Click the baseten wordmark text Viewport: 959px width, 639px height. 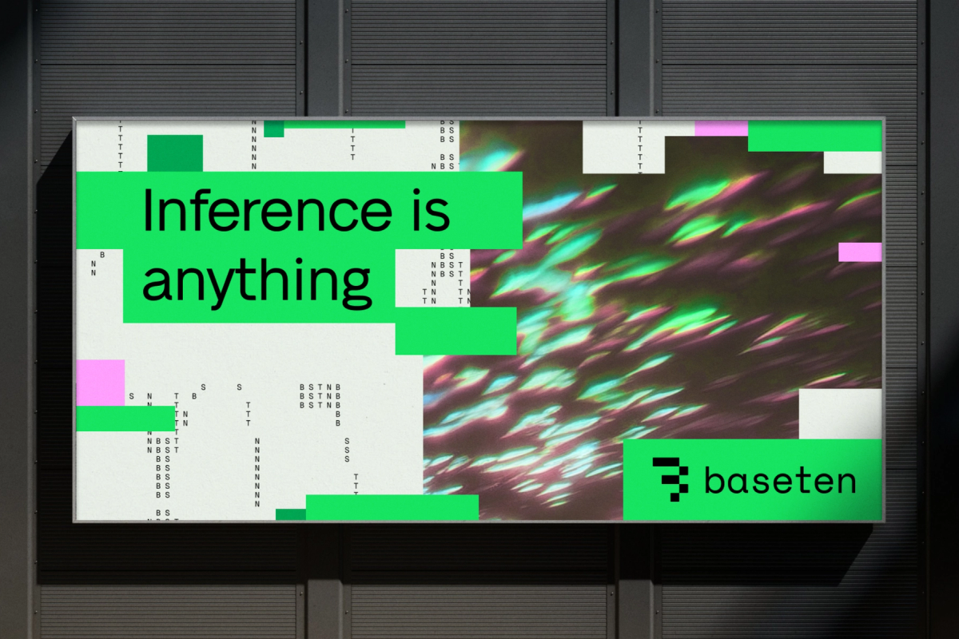coord(779,481)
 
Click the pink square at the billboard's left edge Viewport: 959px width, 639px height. coord(101,382)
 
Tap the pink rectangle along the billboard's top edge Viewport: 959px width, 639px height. coord(721,128)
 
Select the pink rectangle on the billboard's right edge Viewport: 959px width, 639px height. coord(860,252)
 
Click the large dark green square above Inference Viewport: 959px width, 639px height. coord(175,153)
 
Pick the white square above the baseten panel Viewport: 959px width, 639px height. coord(840,414)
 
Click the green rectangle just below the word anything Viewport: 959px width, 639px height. coord(456,331)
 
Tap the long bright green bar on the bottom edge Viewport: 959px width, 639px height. coord(392,507)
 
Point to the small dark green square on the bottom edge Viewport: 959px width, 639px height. coord(291,514)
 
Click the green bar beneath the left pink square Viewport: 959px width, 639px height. coord(125,419)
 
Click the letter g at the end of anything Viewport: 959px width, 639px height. coord(357,286)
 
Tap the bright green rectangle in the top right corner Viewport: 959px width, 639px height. coord(814,137)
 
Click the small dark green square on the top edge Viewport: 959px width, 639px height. coord(274,129)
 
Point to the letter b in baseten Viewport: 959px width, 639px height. coord(713,480)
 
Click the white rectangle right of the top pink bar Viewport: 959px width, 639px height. coord(852,162)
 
